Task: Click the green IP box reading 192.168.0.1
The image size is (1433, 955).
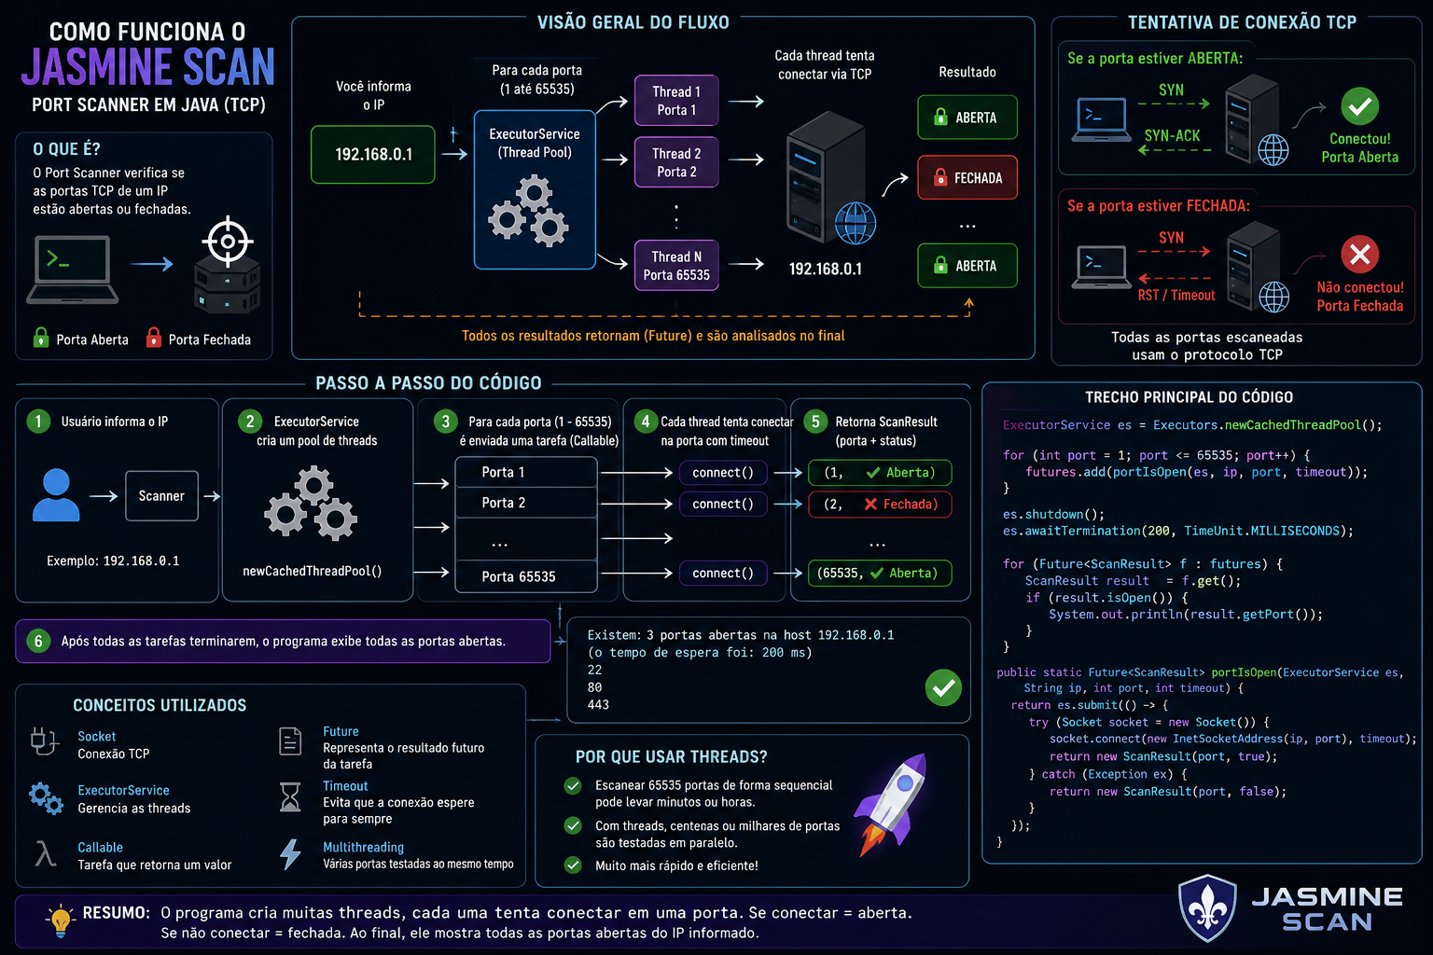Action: click(x=373, y=154)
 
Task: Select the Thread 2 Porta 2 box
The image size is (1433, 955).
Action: click(x=676, y=162)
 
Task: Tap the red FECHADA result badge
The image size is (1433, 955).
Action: click(x=967, y=177)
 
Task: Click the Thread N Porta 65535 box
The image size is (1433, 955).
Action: click(x=676, y=266)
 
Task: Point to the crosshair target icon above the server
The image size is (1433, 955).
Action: click(x=228, y=242)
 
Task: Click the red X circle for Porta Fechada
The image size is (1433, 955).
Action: click(x=1359, y=255)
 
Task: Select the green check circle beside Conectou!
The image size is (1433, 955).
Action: click(x=1359, y=106)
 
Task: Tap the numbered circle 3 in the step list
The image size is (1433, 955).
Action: click(x=445, y=422)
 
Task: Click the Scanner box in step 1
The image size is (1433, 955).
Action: click(x=161, y=496)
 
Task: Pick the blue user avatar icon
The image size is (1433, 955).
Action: click(x=56, y=495)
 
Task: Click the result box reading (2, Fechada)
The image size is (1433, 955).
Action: click(x=880, y=504)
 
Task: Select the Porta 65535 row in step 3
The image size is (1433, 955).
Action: click(x=526, y=576)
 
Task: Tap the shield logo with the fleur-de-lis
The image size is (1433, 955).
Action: click(x=1207, y=908)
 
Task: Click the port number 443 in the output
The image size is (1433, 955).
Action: click(x=598, y=704)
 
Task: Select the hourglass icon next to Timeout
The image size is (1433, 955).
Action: click(x=290, y=797)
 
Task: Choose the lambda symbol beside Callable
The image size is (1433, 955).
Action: click(x=45, y=853)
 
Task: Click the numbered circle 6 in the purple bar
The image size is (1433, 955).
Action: click(x=38, y=641)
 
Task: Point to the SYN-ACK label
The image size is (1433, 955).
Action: click(x=1172, y=135)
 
